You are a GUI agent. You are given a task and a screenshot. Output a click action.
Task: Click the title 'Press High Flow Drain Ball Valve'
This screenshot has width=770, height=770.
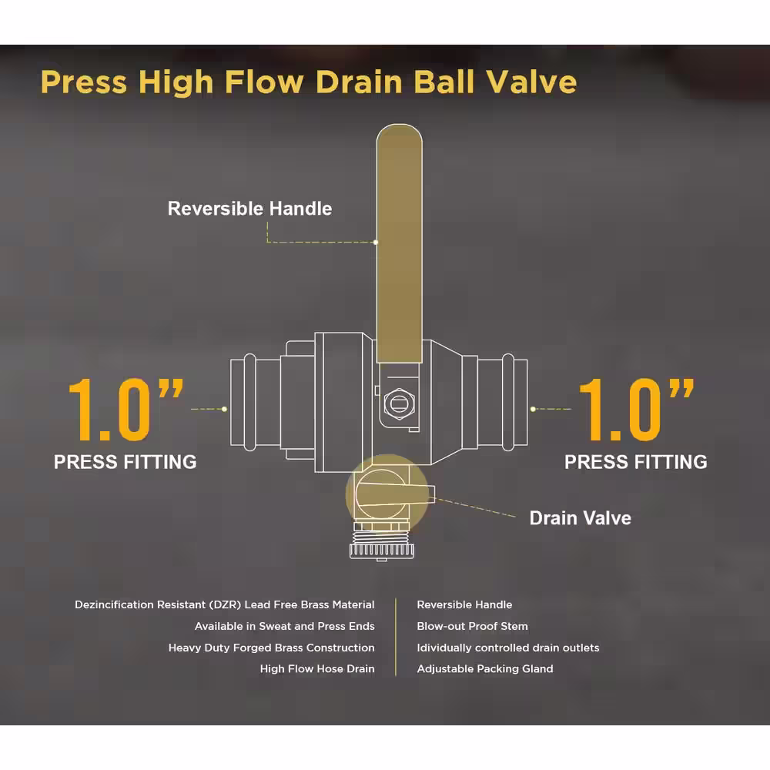(x=309, y=82)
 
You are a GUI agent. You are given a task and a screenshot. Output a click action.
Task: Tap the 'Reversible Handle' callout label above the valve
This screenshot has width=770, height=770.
(x=250, y=209)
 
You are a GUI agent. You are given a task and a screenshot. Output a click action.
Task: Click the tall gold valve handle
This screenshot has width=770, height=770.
(x=399, y=243)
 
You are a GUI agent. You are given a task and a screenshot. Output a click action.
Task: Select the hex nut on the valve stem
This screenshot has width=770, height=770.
(x=399, y=403)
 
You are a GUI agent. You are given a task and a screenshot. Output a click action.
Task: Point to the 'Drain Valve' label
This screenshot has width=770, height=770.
(x=581, y=518)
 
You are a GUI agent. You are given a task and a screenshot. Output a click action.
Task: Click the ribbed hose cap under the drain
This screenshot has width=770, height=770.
(x=382, y=551)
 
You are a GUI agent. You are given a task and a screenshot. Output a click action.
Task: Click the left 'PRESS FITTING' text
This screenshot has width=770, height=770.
(x=126, y=462)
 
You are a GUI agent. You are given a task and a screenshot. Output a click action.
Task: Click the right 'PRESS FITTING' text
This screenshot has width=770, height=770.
(x=636, y=462)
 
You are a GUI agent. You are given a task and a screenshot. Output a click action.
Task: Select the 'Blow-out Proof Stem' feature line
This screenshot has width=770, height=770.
(x=473, y=626)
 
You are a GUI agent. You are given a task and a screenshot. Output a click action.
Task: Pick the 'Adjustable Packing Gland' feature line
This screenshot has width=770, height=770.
(x=485, y=669)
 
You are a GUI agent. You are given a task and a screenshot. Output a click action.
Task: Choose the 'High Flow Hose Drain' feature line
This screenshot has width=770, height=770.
(x=317, y=669)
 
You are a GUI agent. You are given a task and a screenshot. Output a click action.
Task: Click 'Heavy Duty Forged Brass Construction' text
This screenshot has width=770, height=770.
(x=272, y=648)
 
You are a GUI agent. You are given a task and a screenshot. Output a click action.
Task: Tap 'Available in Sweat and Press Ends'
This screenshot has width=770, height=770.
(x=285, y=626)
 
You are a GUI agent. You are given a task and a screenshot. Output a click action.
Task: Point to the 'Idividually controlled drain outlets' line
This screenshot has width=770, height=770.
(x=508, y=648)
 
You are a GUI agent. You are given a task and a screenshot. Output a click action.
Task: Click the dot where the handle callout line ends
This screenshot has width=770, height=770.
(x=376, y=242)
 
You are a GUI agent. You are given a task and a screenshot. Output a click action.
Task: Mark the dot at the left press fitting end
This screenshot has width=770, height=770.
(x=224, y=409)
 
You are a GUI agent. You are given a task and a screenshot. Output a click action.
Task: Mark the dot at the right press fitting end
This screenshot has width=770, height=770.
(x=534, y=409)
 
